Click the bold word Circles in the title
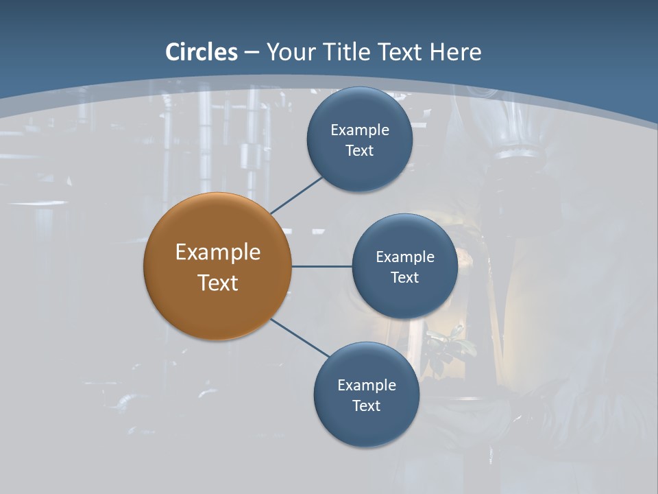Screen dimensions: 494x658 pos(202,52)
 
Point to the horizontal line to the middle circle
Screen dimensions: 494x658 pos(321,266)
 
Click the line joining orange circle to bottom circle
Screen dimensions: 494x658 pos(300,338)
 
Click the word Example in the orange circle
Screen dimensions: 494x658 pos(218,252)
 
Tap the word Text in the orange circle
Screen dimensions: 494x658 pos(218,283)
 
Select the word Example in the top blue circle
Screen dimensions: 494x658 pos(360,130)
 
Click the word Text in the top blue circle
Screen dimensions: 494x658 pos(360,151)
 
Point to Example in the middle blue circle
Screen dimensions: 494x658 pos(405,257)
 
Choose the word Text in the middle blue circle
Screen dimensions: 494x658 pos(405,278)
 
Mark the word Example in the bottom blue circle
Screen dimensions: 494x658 pos(367,386)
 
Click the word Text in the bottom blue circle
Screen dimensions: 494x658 pos(367,406)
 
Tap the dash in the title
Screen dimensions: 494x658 pos(252,53)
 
